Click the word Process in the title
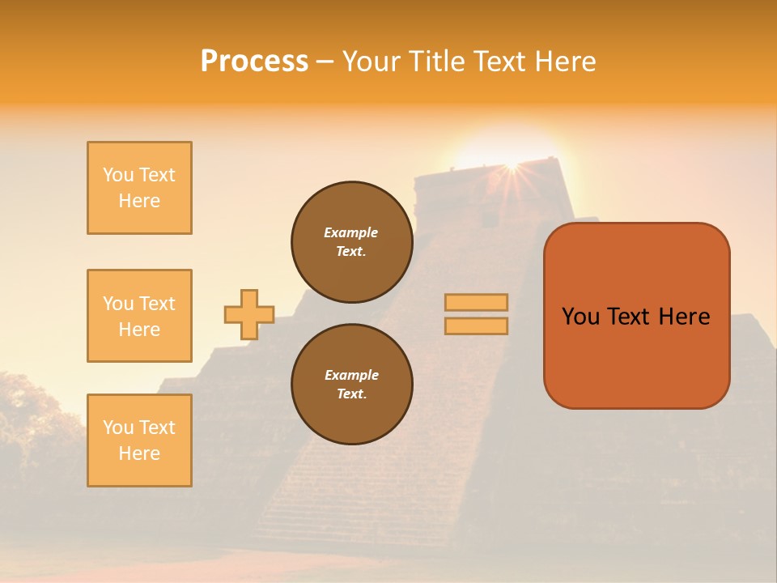click(254, 62)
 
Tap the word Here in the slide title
click(564, 62)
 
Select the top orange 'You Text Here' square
click(139, 188)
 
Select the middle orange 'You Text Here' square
click(139, 316)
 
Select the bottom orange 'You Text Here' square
click(139, 440)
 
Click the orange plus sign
click(249, 314)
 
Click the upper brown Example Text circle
click(351, 242)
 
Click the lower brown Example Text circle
click(351, 384)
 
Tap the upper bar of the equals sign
click(476, 303)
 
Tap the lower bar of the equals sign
click(476, 326)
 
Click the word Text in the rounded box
click(629, 317)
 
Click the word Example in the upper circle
click(350, 232)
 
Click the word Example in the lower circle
click(351, 375)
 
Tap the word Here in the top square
click(139, 201)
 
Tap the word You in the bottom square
click(117, 428)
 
